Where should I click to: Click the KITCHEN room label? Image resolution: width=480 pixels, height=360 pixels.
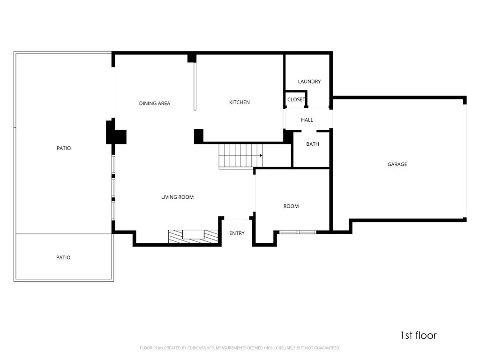(x=239, y=102)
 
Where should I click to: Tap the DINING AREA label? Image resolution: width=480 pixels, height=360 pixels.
(x=154, y=103)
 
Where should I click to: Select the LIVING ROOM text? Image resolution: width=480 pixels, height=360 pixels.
(x=177, y=197)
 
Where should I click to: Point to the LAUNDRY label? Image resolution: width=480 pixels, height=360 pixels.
(x=309, y=82)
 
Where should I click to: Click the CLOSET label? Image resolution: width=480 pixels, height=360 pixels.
(x=296, y=100)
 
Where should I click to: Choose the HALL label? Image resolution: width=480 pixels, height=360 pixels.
(x=307, y=120)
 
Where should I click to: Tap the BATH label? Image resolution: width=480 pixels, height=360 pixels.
(x=312, y=144)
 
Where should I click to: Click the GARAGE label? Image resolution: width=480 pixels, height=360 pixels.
(x=397, y=164)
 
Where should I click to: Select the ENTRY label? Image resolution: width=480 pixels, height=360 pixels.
(x=237, y=233)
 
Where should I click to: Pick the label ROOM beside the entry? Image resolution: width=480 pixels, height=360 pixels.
(x=291, y=206)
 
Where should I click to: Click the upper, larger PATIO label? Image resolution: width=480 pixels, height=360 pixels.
(x=64, y=148)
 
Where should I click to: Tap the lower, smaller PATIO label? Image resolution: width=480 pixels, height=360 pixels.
(x=63, y=257)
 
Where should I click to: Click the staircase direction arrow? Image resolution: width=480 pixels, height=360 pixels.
(x=260, y=155)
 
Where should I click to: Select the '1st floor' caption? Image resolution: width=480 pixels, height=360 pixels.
(x=418, y=335)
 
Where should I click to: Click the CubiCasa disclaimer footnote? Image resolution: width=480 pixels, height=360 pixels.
(x=240, y=348)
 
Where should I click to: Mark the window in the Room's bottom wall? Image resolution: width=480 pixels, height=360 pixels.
(x=298, y=232)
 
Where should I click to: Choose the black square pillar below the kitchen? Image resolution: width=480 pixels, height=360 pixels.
(x=199, y=136)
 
